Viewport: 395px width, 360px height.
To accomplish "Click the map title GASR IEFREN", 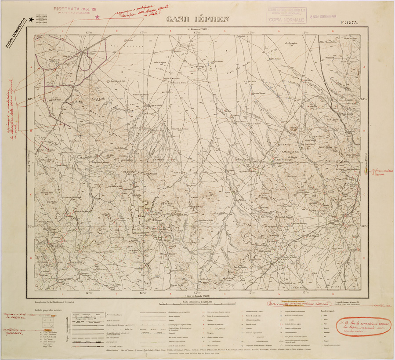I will point(198,19).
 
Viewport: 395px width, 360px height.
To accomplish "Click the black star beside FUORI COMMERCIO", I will point(31,19).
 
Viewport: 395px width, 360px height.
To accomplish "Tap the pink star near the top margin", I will point(98,16).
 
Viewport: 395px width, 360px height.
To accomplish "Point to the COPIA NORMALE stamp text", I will point(288,20).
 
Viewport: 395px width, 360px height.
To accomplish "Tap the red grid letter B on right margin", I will point(365,131).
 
